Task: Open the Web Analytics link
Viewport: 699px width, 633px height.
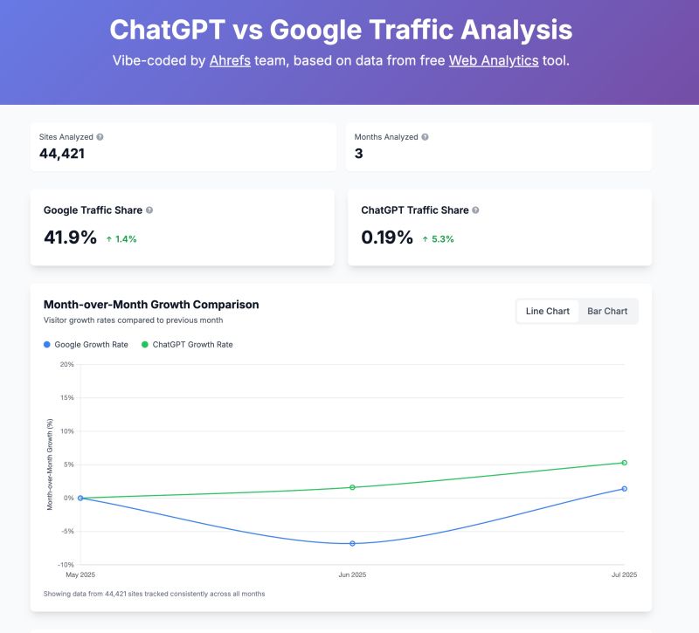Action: pos(493,61)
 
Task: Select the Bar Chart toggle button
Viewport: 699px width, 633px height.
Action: pos(607,311)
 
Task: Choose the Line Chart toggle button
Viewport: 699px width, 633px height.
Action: pos(548,311)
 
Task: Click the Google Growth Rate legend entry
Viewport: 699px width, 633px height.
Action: pos(86,345)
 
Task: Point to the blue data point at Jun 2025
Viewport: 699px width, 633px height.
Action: pos(352,543)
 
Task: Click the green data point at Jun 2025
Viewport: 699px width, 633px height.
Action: pos(352,487)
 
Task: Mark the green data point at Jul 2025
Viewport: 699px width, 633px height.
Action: pos(625,463)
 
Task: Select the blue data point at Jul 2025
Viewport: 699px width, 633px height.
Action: pos(625,489)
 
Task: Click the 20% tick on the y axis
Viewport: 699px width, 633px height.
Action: pos(67,364)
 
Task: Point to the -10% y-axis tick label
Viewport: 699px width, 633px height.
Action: pos(66,565)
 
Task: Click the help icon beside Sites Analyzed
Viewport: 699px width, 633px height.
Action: pos(100,137)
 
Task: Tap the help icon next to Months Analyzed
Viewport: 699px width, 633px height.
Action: pos(426,137)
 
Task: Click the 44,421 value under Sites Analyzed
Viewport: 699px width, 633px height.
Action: pos(62,154)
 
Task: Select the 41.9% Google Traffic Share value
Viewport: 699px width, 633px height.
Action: pos(70,237)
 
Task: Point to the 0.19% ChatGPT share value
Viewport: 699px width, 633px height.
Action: pos(387,237)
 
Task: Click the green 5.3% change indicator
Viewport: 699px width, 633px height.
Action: pos(438,238)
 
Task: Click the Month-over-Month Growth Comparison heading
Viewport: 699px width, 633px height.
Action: pos(151,305)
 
